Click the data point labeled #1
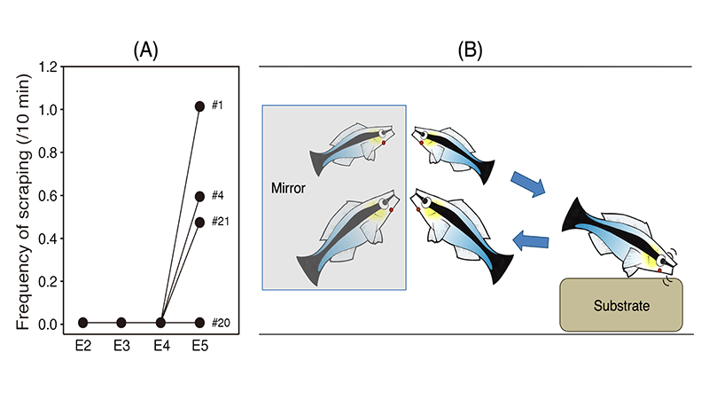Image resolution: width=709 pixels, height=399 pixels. click(x=199, y=106)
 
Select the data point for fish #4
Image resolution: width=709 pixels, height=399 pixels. click(x=199, y=196)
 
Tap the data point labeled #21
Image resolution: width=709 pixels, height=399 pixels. click(x=199, y=222)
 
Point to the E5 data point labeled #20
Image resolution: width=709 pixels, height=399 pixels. click(x=199, y=323)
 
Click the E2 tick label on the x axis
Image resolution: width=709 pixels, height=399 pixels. click(x=82, y=346)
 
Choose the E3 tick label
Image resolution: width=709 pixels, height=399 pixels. click(x=121, y=346)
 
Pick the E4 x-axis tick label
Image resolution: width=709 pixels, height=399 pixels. click(x=160, y=346)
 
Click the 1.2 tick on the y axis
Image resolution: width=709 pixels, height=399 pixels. click(x=48, y=66)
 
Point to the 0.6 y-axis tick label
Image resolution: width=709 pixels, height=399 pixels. click(x=48, y=195)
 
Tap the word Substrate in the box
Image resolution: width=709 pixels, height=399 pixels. click(x=621, y=306)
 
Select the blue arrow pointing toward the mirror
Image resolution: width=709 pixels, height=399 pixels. click(x=533, y=239)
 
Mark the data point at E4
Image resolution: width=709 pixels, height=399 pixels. click(x=160, y=323)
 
